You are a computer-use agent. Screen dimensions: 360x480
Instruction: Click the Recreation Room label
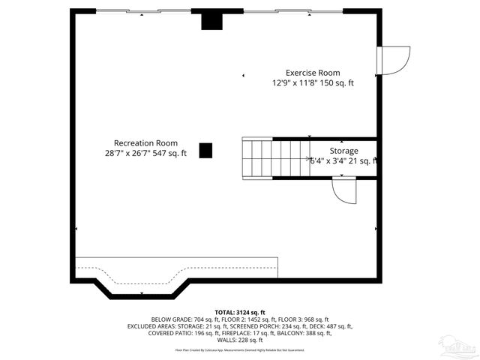(x=145, y=142)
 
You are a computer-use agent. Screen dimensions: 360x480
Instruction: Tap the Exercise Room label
(x=313, y=73)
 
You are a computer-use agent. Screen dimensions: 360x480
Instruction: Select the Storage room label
(x=344, y=151)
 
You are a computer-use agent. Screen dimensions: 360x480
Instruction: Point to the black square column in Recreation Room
(x=205, y=150)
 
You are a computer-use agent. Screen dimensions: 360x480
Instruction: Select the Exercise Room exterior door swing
(x=394, y=60)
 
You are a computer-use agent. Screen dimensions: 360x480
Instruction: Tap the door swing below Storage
(x=346, y=190)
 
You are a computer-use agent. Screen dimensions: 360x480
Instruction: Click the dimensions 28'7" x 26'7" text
(x=145, y=153)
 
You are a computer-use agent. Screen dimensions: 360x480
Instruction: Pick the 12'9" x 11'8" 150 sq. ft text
(x=313, y=83)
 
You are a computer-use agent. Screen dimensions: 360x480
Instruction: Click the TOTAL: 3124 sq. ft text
(x=239, y=311)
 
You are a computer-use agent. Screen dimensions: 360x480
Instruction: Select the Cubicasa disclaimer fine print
(x=239, y=349)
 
